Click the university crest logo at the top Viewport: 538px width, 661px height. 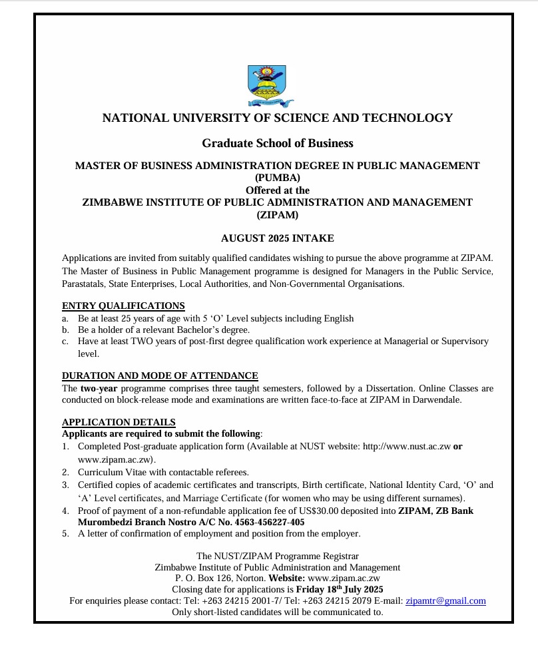pyautogui.click(x=266, y=86)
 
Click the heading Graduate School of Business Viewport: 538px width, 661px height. pyautogui.click(x=277, y=143)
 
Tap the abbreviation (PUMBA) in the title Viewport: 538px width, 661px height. pyautogui.click(x=277, y=178)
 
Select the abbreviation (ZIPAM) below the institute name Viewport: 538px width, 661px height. pyautogui.click(x=277, y=214)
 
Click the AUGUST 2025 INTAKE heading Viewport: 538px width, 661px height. pyautogui.click(x=277, y=238)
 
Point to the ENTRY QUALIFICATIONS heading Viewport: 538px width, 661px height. pyautogui.click(x=123, y=306)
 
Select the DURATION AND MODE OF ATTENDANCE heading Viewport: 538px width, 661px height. pyautogui.click(x=160, y=376)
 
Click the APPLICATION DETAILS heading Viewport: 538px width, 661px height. pyautogui.click(x=119, y=423)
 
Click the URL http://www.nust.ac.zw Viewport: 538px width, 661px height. pyautogui.click(x=406, y=447)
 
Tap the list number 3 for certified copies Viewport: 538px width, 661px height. pyautogui.click(x=65, y=485)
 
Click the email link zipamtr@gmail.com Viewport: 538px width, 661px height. pyautogui.click(x=445, y=600)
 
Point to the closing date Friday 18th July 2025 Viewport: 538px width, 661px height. pyautogui.click(x=340, y=589)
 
